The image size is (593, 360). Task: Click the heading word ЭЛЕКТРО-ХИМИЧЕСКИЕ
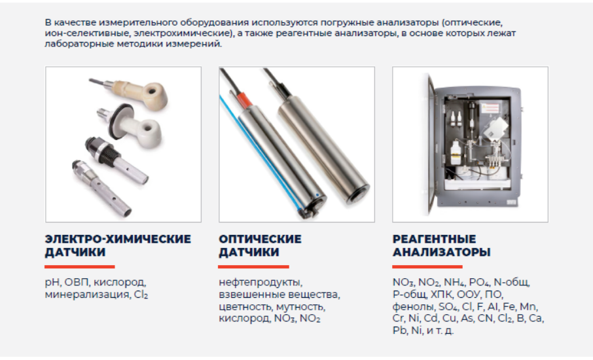(118, 239)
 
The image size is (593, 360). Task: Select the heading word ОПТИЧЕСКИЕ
(261, 239)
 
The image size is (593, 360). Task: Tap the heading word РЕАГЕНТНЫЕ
(434, 239)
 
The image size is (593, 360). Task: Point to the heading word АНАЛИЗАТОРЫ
(441, 252)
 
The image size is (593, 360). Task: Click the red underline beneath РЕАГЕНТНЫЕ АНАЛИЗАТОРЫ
(427, 266)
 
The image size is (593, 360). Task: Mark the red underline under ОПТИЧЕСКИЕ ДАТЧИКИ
(253, 266)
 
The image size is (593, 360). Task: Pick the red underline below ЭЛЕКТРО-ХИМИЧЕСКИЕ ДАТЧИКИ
(80, 266)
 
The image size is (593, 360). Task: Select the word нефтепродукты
(261, 283)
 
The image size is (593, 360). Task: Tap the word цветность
(245, 306)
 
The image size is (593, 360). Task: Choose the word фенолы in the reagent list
(414, 306)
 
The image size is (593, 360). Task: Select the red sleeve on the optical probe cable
(244, 99)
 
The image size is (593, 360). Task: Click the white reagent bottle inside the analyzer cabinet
(456, 153)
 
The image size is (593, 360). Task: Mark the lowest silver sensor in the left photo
(101, 188)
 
